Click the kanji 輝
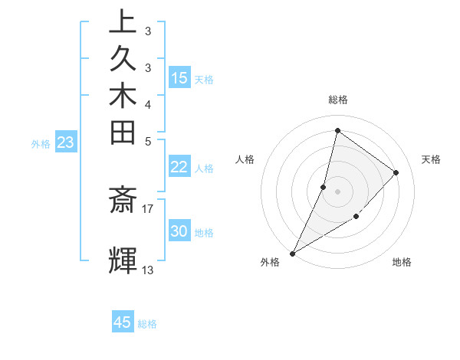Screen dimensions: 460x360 coord(123,260)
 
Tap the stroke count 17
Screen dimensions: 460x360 coord(148,207)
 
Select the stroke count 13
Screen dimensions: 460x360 coord(148,270)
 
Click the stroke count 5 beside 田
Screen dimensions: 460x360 coord(148,141)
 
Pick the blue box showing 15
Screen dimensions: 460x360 coord(179,78)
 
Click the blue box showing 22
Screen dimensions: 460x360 coord(179,168)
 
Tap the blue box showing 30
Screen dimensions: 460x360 coord(179,231)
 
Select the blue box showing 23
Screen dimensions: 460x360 coord(66,142)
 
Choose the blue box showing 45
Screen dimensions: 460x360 coord(123,322)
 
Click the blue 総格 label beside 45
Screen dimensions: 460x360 coord(148,324)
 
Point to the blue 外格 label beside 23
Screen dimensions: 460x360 coord(41,143)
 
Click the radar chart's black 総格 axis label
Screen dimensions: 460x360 coord(337,100)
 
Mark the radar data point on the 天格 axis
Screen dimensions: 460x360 coord(396,172)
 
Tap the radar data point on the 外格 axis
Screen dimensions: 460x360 coord(293,253)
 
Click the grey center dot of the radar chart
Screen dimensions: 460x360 coord(337,191)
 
